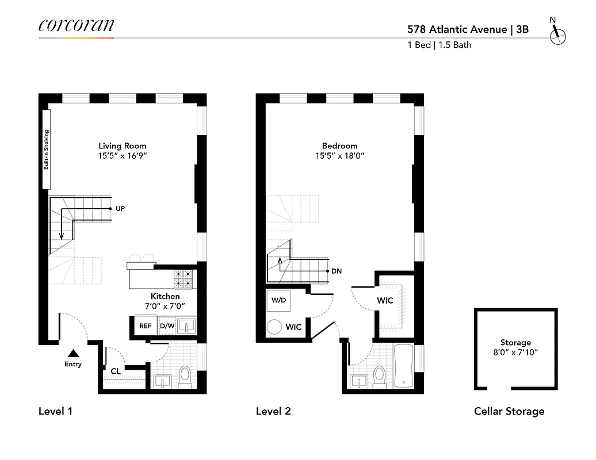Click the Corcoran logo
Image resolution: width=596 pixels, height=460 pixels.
[76, 25]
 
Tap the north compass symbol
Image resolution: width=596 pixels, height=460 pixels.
[557, 35]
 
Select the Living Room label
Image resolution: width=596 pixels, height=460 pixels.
[122, 146]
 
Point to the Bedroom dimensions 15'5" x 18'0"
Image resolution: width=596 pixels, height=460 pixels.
[339, 156]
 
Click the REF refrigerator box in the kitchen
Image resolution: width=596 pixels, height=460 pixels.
[145, 326]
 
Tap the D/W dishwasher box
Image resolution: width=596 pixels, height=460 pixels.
[167, 326]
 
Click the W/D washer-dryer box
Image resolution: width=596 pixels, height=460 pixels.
[280, 300]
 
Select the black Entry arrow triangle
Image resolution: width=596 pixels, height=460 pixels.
[73, 353]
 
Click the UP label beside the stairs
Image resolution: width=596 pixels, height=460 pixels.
[120, 208]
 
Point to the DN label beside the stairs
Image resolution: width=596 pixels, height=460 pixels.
[337, 271]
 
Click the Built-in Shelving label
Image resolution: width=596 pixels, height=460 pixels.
[46, 149]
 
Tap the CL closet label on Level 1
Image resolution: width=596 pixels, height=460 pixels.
[116, 371]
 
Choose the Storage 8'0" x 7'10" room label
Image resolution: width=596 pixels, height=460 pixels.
[515, 347]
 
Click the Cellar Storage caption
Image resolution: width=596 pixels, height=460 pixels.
[509, 411]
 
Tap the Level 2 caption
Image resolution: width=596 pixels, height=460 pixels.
[273, 411]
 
